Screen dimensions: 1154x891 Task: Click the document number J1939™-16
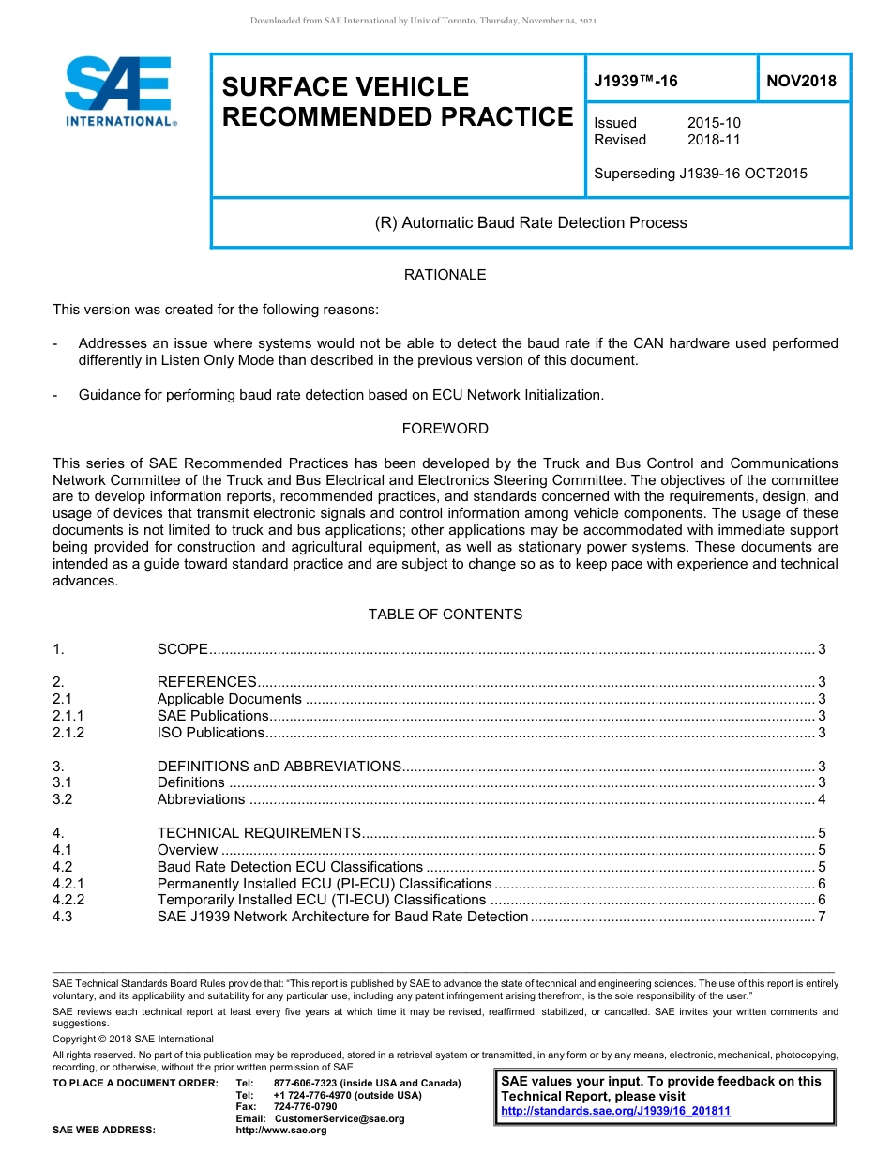636,82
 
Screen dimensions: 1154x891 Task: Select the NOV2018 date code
801,82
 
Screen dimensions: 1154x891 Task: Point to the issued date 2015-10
714,123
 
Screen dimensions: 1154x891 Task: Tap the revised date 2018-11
714,140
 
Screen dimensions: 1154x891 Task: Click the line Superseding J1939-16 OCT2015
700,174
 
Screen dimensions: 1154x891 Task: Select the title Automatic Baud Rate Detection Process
531,223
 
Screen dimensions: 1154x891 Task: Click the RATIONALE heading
445,275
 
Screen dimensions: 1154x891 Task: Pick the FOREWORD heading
445,429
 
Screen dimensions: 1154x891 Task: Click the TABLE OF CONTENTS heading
445,615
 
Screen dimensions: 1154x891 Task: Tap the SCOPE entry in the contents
182,649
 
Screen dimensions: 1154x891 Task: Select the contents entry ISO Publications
211,733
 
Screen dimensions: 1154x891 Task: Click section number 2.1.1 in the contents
68,716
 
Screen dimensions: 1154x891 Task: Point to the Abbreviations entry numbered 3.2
201,799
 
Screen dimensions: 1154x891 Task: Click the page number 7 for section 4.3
822,917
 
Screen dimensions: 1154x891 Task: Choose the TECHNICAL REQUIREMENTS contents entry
259,833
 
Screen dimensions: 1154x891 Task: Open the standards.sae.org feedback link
615,1111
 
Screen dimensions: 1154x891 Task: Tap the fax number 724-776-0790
305,1107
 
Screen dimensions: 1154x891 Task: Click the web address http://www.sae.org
281,1131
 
